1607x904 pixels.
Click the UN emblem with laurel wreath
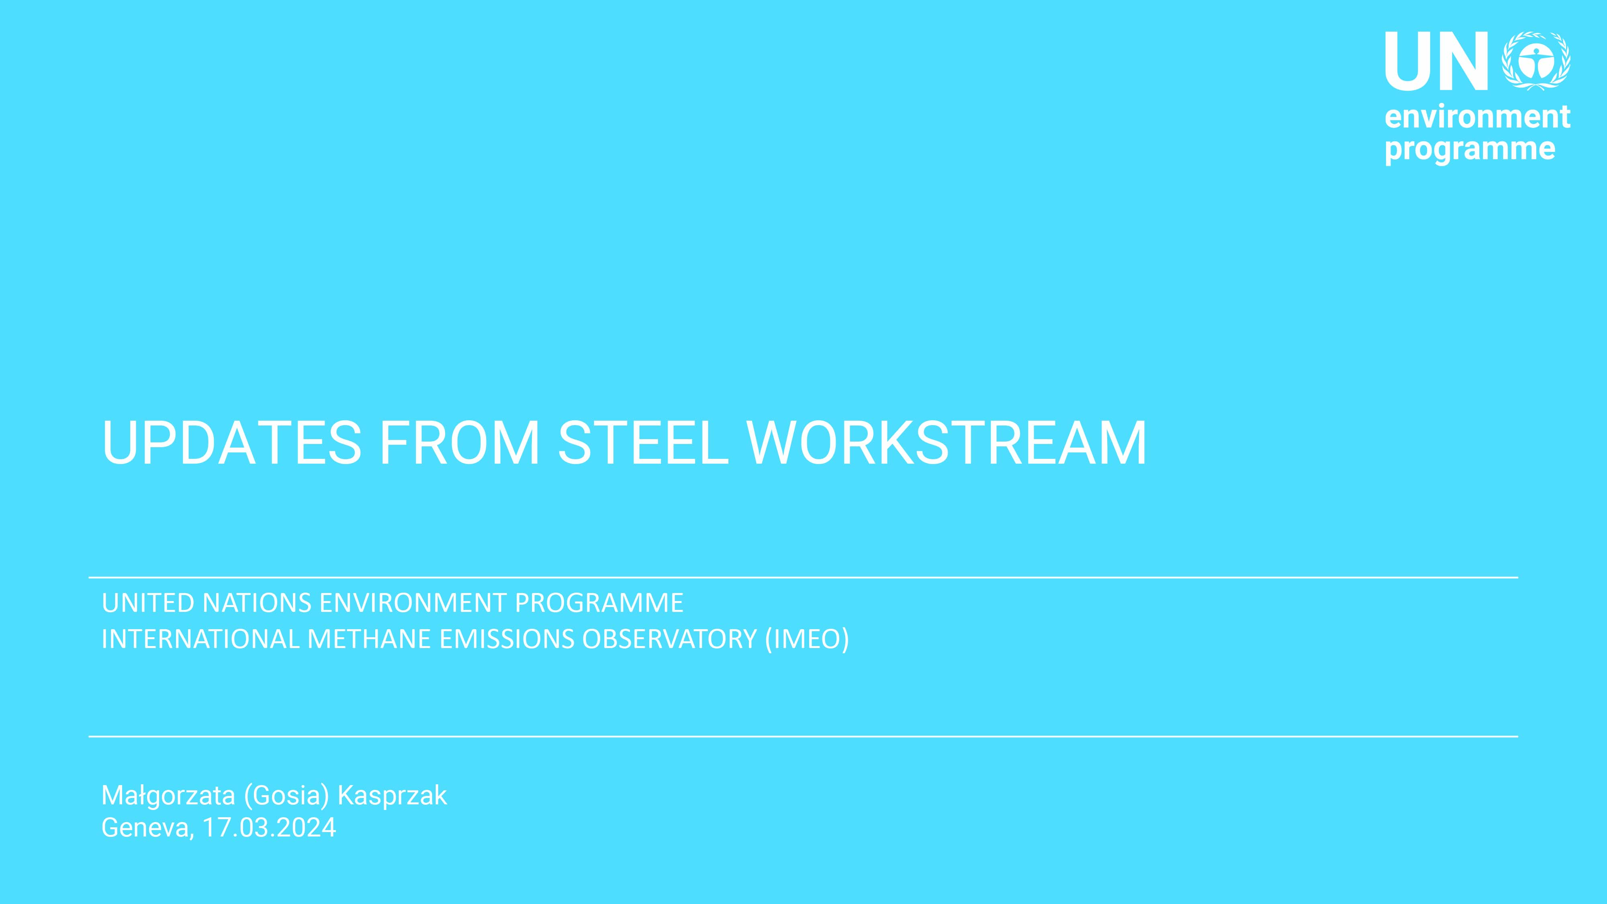[x=1536, y=61]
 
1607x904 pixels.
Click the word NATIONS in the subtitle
[x=257, y=603]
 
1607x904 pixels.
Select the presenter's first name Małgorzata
[x=168, y=796]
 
